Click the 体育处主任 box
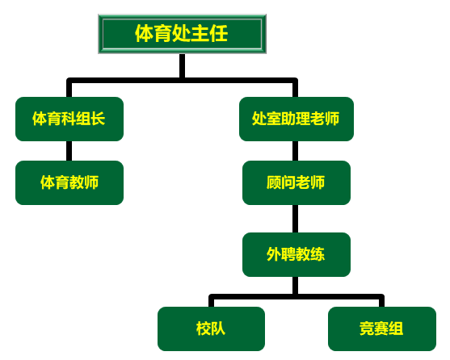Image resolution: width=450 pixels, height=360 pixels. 183,34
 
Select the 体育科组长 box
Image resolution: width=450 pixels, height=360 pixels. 69,119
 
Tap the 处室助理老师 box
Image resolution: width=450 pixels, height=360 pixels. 296,119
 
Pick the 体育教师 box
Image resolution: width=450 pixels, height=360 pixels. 69,182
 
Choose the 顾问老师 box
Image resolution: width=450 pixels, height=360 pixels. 296,182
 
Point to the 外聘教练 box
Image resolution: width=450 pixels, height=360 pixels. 296,254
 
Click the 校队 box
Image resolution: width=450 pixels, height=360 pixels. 211,329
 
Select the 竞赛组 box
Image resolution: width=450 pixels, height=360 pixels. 382,329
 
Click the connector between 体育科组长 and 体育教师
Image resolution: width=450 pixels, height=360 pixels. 69,151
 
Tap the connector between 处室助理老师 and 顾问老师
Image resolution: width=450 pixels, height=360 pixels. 296,151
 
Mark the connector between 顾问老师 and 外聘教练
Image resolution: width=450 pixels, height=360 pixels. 296,219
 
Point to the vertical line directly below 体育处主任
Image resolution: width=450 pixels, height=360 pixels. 183,65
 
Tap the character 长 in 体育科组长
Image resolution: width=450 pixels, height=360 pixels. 98,119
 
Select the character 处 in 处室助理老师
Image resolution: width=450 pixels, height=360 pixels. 259,119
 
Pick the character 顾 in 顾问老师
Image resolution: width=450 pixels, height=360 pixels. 274,182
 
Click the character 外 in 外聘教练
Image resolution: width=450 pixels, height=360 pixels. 274,254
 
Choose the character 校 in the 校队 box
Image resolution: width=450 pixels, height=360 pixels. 204,329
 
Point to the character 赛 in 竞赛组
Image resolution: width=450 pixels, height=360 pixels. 381,329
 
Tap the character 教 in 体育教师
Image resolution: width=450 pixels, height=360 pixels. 77,182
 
